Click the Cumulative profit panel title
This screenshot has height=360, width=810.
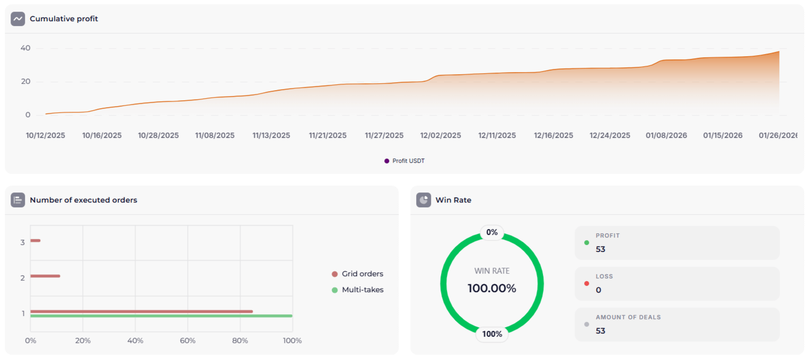[x=64, y=19]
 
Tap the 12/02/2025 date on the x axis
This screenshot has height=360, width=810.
[x=441, y=136]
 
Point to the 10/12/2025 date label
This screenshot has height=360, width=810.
[x=46, y=136]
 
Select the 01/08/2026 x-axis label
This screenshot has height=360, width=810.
[x=666, y=136]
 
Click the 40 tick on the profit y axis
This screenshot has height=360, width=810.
[x=25, y=48]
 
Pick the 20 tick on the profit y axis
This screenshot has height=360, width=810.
[x=25, y=82]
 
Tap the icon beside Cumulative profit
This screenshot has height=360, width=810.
[x=18, y=19]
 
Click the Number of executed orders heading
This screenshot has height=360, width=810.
[x=83, y=200]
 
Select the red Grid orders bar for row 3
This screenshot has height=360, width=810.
[x=35, y=241]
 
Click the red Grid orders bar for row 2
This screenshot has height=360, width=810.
[x=45, y=276]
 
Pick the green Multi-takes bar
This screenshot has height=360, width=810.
[x=161, y=316]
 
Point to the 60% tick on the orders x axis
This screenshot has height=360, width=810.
[x=188, y=340]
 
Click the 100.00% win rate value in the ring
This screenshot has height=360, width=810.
[x=491, y=288]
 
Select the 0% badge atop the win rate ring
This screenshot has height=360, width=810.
[x=492, y=232]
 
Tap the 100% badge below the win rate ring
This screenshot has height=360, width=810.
[x=492, y=334]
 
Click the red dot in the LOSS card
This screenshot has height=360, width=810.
[x=586, y=284]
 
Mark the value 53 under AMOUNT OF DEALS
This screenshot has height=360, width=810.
[x=601, y=331]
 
